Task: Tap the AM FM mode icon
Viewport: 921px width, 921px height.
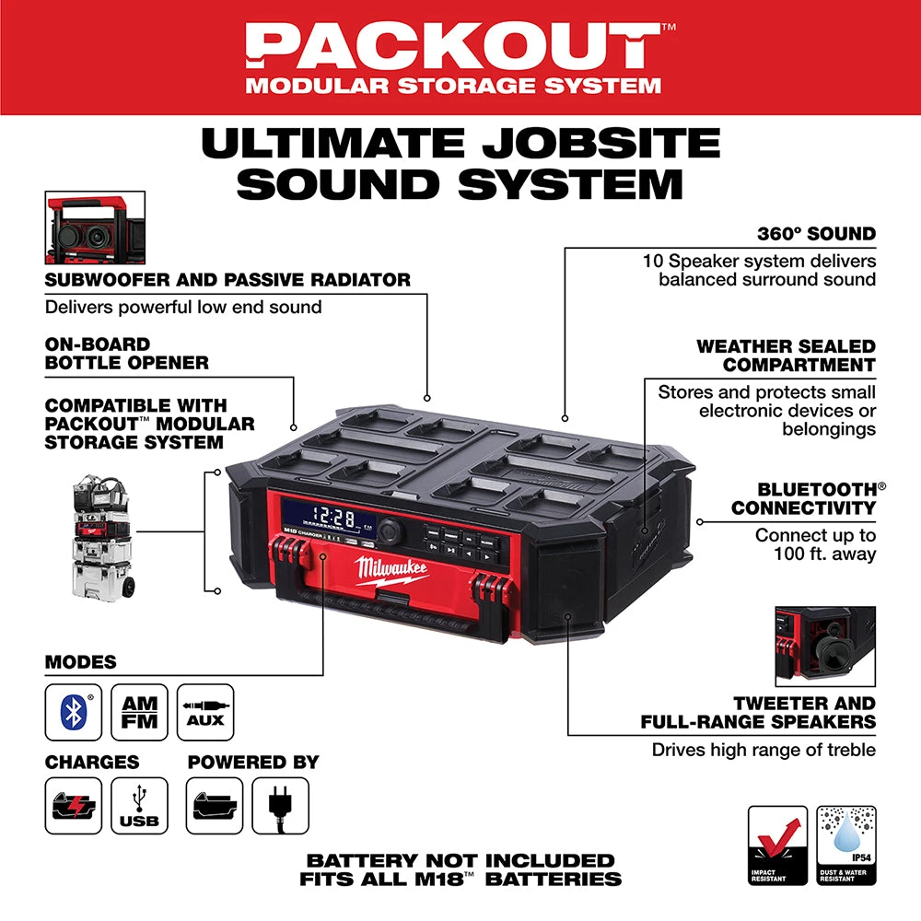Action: pos(139,712)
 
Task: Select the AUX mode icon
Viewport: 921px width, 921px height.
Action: pos(204,712)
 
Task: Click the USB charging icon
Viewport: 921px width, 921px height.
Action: pos(139,806)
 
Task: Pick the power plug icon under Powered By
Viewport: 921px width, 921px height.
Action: pos(280,806)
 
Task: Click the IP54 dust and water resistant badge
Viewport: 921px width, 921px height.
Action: pos(846,845)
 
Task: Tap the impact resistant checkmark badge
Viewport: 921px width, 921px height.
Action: pos(777,845)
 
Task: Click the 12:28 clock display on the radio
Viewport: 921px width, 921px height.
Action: pos(333,519)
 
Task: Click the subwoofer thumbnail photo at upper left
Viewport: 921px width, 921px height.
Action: pos(95,227)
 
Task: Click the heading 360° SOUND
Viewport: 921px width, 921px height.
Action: pos(816,233)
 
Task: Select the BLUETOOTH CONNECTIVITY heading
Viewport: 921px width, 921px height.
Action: pos(803,498)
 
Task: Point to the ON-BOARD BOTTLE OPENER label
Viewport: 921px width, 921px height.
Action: pos(127,354)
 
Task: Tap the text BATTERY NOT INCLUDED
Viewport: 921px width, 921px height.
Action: pos(460,860)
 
